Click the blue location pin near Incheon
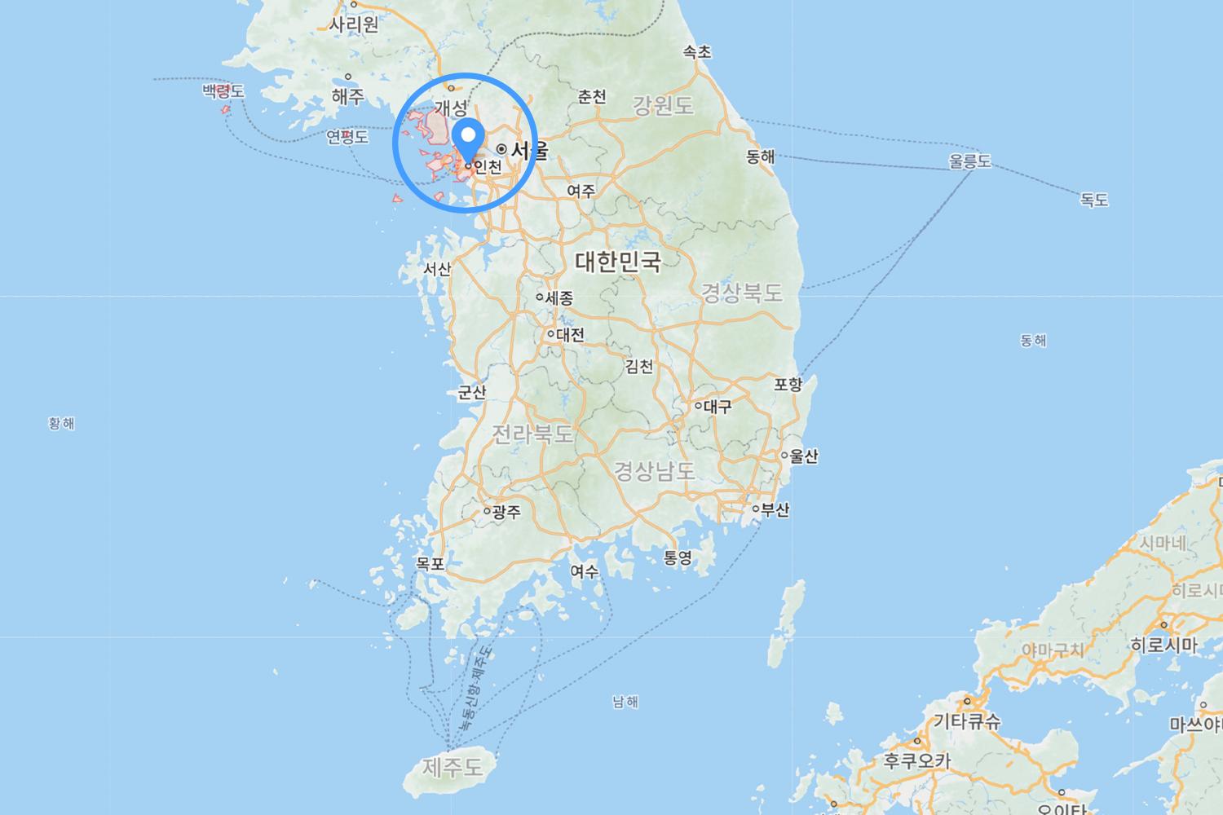click(x=468, y=137)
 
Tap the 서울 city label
click(x=529, y=151)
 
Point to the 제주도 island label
click(x=453, y=767)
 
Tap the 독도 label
click(x=1094, y=200)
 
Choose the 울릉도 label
click(x=969, y=161)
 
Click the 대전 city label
click(x=570, y=334)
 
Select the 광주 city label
click(x=506, y=512)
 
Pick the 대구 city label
click(x=717, y=406)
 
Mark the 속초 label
click(x=697, y=52)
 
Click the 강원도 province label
click(x=663, y=105)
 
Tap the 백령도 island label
click(x=223, y=91)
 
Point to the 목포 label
click(x=430, y=564)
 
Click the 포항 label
click(x=788, y=385)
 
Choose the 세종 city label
click(x=559, y=298)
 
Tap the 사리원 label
click(x=354, y=24)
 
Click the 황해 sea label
click(x=61, y=423)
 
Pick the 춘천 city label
click(x=592, y=97)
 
